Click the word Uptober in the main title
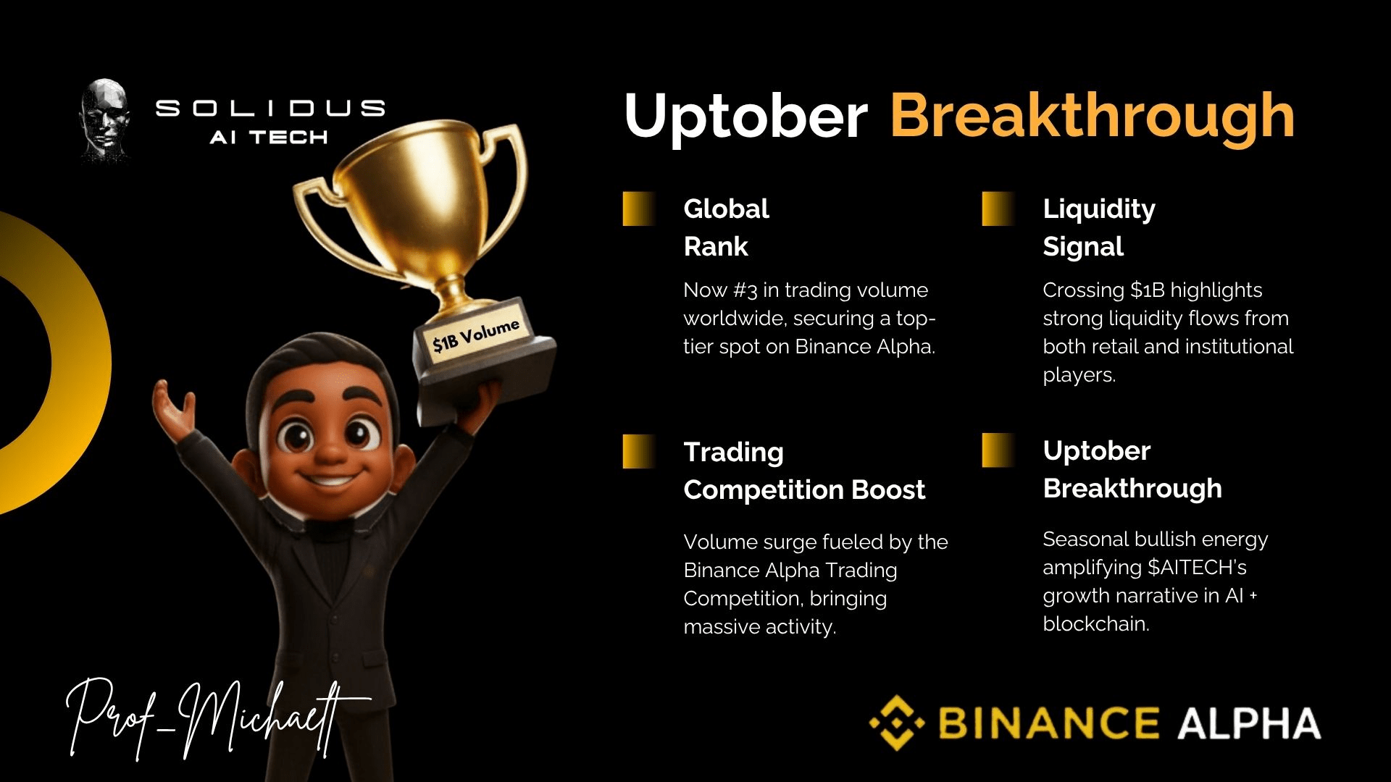(745, 116)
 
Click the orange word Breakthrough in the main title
(1092, 116)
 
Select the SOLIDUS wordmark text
(270, 109)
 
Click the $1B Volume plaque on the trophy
(477, 335)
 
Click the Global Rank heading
(726, 227)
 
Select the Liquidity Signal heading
(1099, 227)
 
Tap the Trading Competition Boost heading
(804, 471)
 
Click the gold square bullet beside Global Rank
(639, 209)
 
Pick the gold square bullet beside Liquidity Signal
(998, 209)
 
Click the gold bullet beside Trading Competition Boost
(639, 451)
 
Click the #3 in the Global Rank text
(745, 290)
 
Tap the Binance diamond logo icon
(897, 723)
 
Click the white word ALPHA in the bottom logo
(1250, 723)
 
